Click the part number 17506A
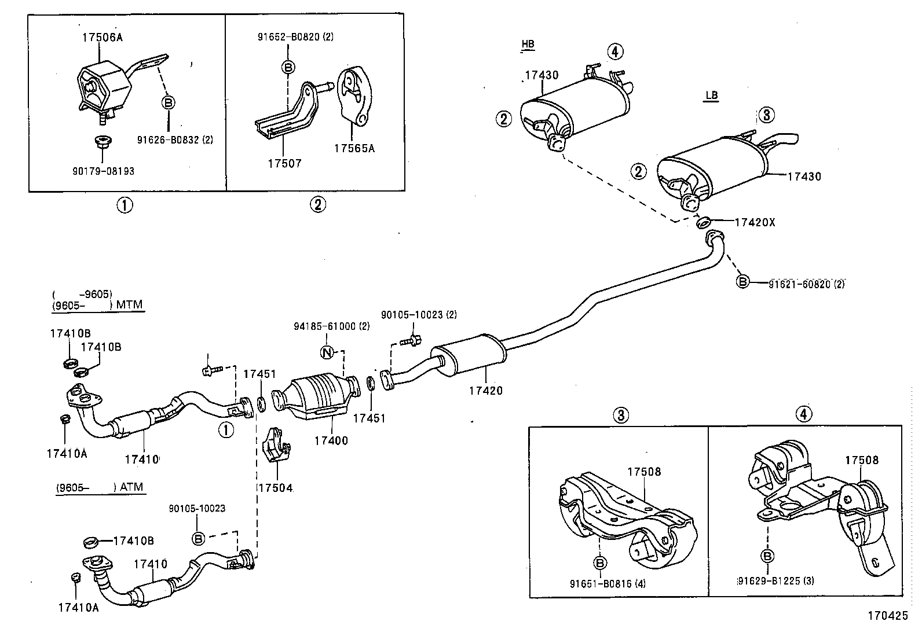click(102, 38)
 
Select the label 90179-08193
click(104, 171)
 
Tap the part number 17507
click(284, 164)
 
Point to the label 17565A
click(354, 148)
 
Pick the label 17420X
click(754, 222)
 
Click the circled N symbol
click(327, 352)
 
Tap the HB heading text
click(528, 44)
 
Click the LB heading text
click(711, 95)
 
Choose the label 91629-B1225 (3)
click(776, 580)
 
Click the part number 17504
click(275, 488)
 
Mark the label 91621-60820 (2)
click(806, 284)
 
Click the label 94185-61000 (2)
click(331, 326)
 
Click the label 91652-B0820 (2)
click(295, 36)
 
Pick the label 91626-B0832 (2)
click(174, 139)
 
